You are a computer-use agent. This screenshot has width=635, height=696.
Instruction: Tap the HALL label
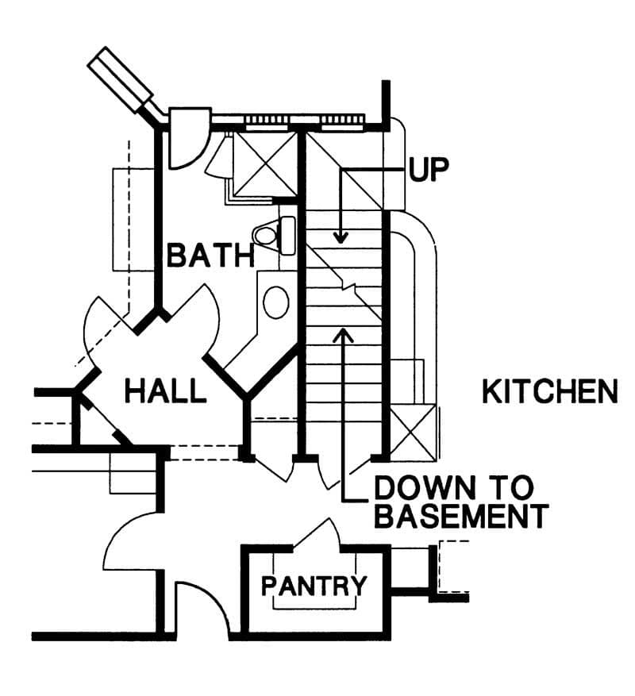[x=165, y=390]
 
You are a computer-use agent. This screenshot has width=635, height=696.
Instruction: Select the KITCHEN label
[x=550, y=391]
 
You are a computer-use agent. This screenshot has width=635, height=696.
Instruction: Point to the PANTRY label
[x=314, y=586]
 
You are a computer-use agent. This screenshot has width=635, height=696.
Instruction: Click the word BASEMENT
[x=461, y=515]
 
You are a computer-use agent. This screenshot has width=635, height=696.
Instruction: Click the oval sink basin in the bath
[x=276, y=302]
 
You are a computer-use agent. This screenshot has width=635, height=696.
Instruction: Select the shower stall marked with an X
[x=265, y=164]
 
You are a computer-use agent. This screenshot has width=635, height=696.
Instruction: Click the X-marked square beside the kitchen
[x=413, y=433]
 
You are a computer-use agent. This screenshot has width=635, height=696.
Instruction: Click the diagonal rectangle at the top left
[x=121, y=79]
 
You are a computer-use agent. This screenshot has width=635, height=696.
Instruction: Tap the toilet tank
[x=287, y=235]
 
